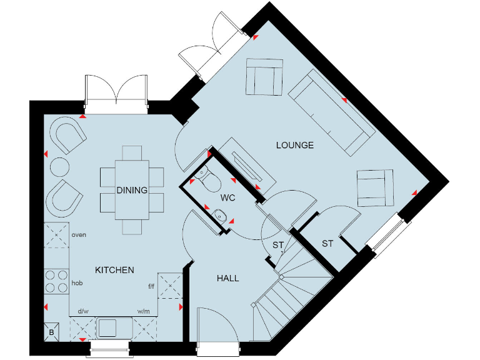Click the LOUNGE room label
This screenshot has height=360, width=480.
(294, 146)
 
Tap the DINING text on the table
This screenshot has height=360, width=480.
(132, 191)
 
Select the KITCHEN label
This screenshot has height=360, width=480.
(114, 270)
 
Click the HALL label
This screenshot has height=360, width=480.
(228, 277)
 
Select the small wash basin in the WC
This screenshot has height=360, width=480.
(218, 215)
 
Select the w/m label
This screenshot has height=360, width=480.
(142, 311)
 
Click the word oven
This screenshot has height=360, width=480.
(79, 235)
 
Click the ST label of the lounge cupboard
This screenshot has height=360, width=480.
(327, 243)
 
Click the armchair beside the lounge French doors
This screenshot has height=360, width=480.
(264, 76)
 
